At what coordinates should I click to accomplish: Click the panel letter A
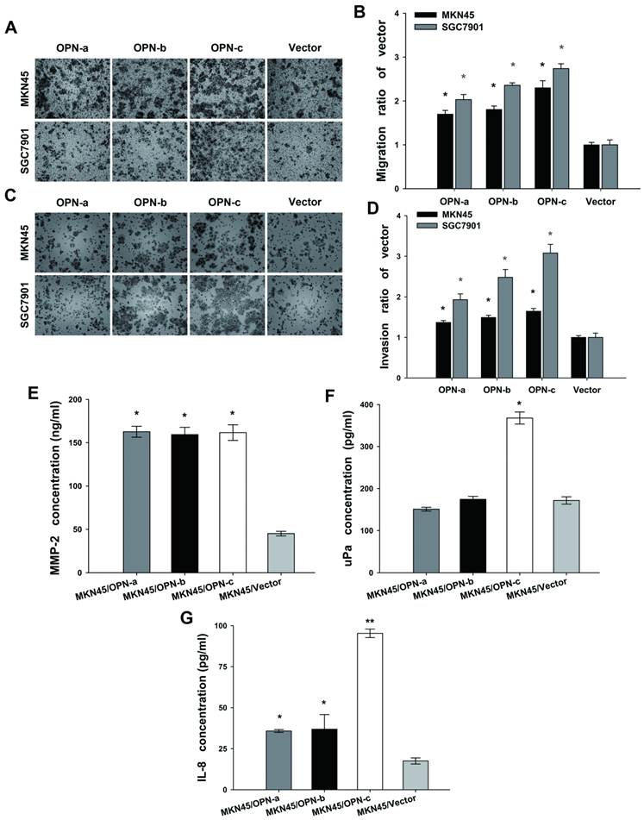pos(11,28)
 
